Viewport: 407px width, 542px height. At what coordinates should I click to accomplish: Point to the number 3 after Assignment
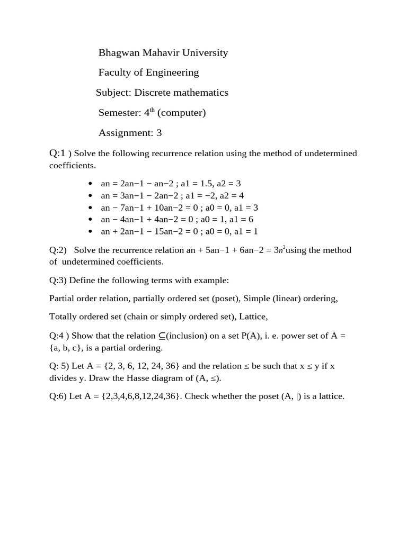[x=159, y=133]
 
